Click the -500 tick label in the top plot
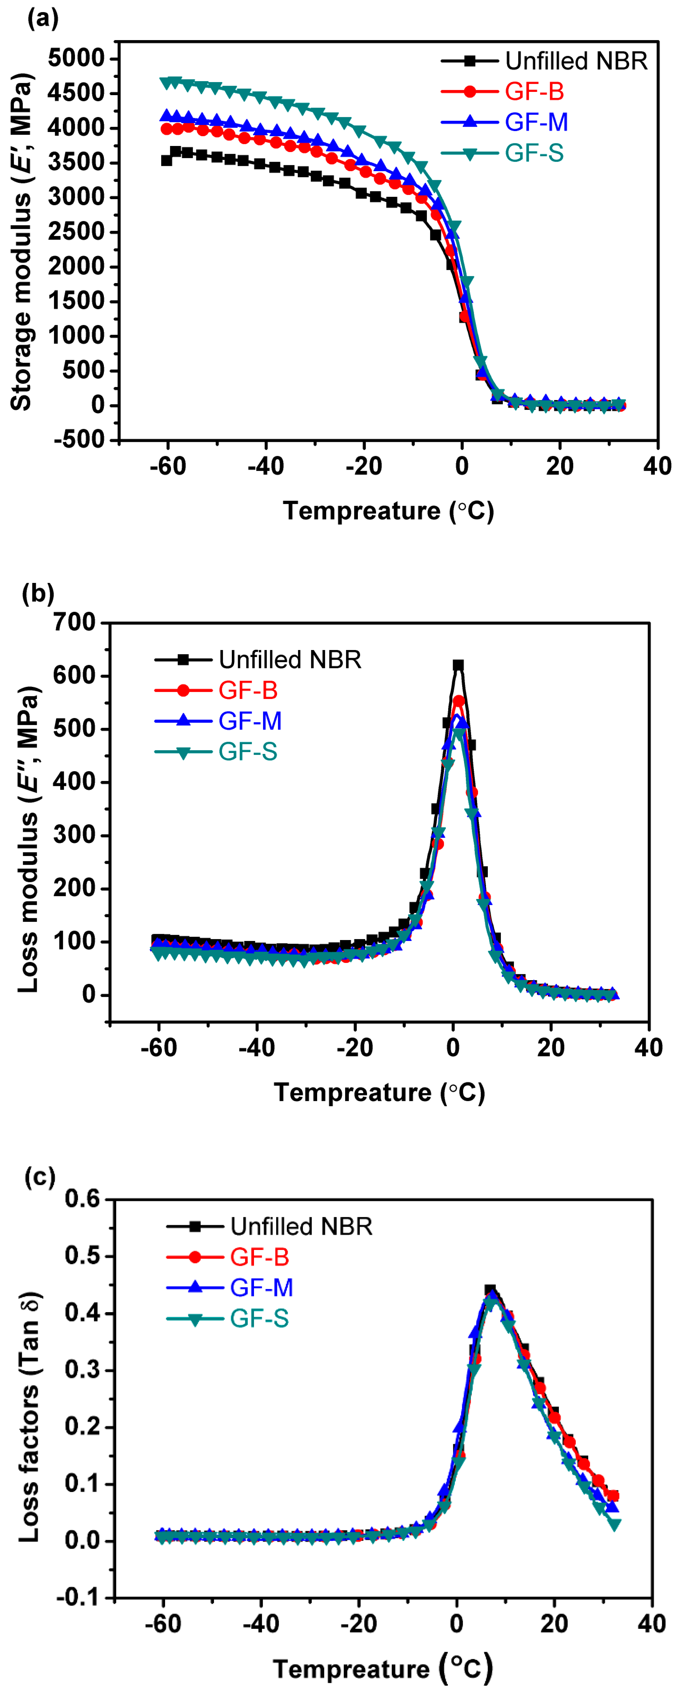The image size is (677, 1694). point(79,440)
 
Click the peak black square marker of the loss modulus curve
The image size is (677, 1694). point(458,665)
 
